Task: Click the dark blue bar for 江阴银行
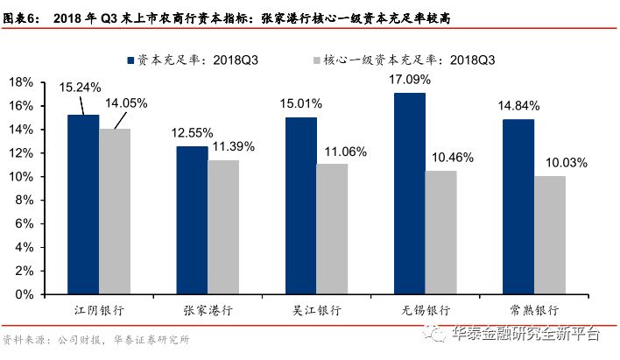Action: (x=83, y=204)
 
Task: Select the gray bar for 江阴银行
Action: (x=115, y=211)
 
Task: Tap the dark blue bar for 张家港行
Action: (x=192, y=220)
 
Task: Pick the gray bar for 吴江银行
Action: (x=332, y=228)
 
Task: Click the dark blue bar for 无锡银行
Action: (x=409, y=194)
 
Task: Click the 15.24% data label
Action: (x=81, y=88)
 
